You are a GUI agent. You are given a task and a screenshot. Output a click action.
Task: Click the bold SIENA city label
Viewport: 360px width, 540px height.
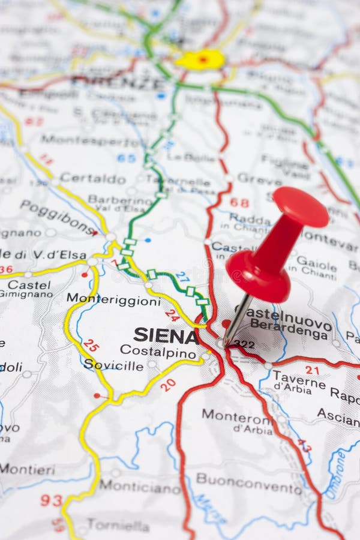[x=166, y=335]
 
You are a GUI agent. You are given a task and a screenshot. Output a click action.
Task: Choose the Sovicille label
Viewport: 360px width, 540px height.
[x=113, y=365]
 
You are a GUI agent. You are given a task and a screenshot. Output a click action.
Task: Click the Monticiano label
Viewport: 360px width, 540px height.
[x=139, y=487]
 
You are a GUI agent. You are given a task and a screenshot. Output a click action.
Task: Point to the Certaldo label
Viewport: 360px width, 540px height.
[x=92, y=179]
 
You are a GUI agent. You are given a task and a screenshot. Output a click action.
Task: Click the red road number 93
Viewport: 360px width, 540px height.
[x=51, y=500]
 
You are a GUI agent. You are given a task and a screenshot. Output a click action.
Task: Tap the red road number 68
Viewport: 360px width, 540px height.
[x=239, y=203]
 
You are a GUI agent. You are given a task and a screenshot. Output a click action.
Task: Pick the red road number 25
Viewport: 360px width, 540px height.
[x=91, y=345]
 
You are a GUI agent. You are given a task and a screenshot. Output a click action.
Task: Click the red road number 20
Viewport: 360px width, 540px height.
[x=168, y=385]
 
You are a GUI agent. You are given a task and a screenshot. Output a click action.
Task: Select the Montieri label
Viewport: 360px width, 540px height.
[x=27, y=469]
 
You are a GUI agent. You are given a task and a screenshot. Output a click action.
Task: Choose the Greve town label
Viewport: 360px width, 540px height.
[x=259, y=178]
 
